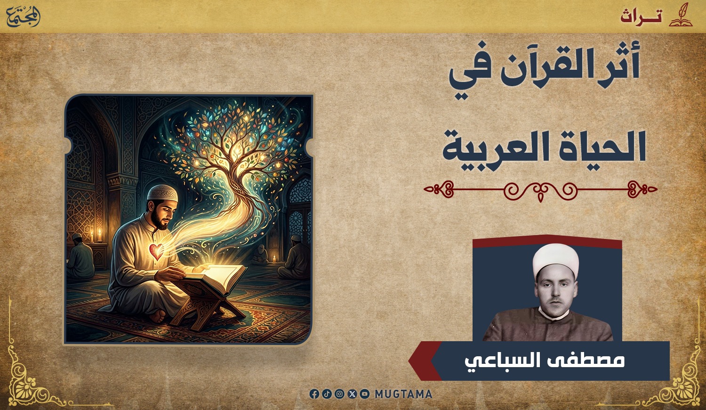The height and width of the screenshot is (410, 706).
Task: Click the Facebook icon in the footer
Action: (314, 394)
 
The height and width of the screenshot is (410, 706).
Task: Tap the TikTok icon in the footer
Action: (327, 394)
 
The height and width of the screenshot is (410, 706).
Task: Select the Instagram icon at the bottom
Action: (339, 394)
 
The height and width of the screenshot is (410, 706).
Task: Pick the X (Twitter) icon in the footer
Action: (352, 394)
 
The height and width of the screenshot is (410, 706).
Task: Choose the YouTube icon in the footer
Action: (365, 394)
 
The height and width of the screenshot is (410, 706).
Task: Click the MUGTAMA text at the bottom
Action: (403, 394)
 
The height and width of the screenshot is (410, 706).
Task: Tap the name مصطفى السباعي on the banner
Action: (545, 361)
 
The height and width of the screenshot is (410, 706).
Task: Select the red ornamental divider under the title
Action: (540, 190)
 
